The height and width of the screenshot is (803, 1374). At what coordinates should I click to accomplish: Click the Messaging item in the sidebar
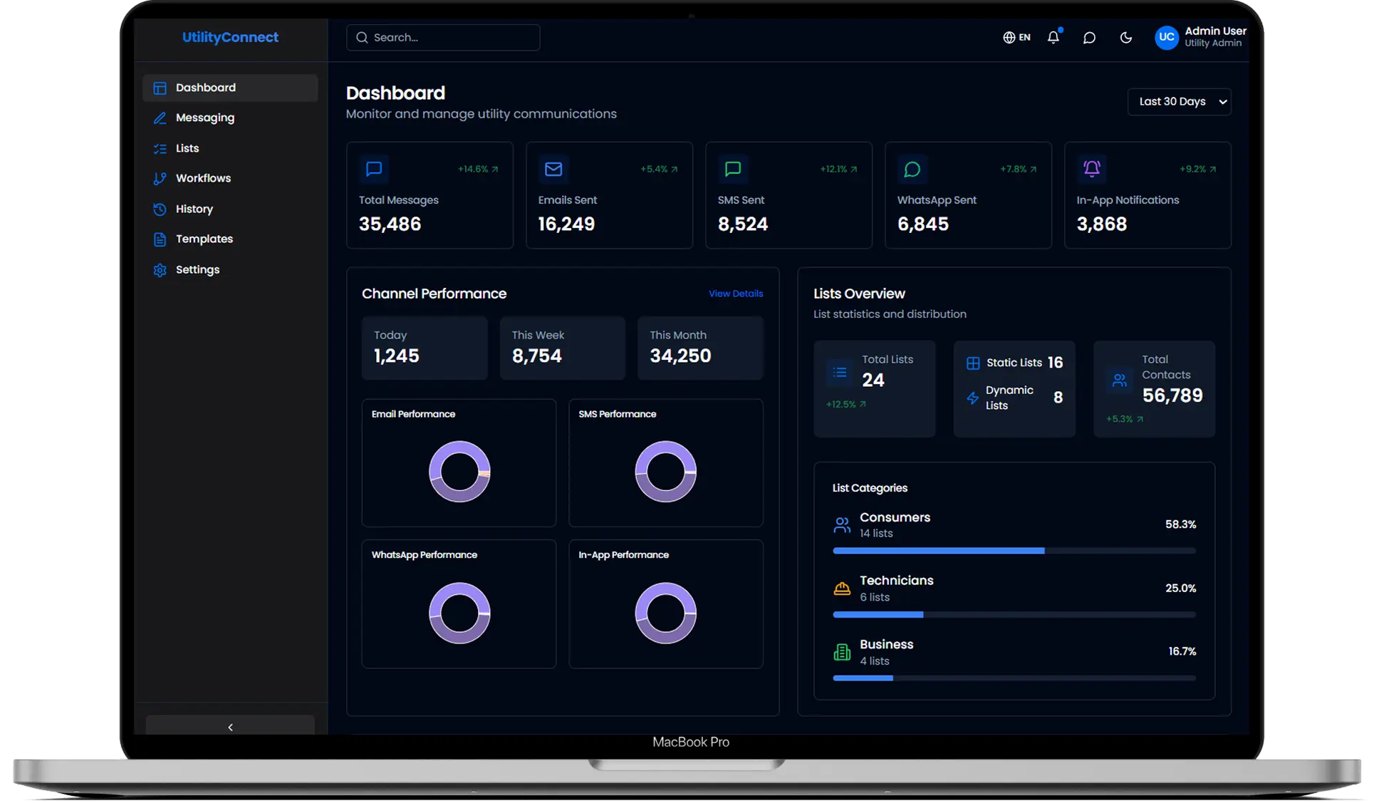tap(204, 118)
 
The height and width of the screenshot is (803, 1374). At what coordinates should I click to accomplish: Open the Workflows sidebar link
tap(203, 178)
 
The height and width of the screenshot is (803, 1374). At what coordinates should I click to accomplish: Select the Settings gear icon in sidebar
tap(160, 270)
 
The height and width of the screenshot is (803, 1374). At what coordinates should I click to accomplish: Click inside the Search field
tap(449, 38)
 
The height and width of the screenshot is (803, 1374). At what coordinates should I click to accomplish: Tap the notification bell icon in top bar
tap(1053, 38)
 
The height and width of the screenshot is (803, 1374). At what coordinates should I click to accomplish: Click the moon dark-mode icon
tap(1125, 38)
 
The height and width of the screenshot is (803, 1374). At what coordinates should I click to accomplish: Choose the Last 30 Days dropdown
tap(1179, 102)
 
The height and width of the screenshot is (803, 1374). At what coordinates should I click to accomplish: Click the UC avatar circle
tap(1166, 38)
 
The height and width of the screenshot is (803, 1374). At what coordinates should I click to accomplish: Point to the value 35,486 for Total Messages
tap(390, 224)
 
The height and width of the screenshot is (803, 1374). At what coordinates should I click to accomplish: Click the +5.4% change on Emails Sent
tap(654, 170)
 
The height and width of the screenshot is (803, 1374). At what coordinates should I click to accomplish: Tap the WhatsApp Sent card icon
tap(912, 169)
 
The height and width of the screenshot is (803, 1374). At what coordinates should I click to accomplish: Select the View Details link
tap(735, 294)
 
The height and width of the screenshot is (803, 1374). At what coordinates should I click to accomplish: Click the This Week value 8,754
tap(536, 356)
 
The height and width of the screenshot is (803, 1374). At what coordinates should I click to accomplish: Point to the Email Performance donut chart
tap(459, 472)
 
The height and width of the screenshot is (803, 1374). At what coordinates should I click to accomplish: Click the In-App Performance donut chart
tap(665, 613)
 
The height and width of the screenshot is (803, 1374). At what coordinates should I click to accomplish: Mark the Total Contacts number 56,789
tap(1172, 395)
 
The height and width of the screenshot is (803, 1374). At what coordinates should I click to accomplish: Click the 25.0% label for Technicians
tap(1180, 589)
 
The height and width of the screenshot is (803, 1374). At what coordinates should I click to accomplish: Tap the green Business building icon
tap(842, 652)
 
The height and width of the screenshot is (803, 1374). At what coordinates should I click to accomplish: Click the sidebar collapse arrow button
tap(230, 727)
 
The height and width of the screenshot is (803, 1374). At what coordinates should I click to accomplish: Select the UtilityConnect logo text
tap(230, 38)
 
